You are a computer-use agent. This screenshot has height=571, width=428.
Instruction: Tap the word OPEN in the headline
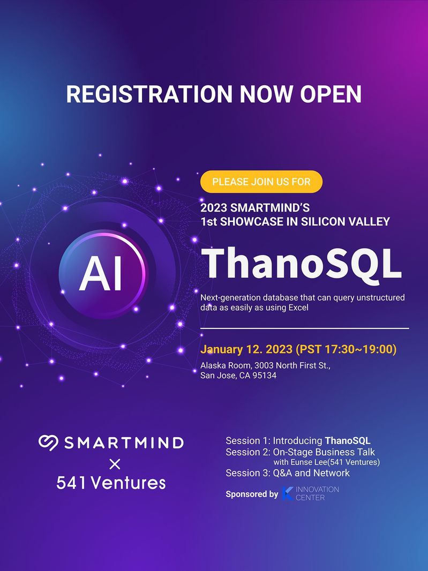click(331, 94)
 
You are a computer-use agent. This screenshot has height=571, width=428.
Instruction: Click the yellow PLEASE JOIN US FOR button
click(261, 182)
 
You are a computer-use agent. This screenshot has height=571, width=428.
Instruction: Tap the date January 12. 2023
click(246, 349)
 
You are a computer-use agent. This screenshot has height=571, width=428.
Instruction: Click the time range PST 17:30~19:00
click(346, 349)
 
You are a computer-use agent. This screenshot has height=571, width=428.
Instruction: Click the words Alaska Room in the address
click(226, 365)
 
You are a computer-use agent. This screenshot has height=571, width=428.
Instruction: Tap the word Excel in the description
click(298, 307)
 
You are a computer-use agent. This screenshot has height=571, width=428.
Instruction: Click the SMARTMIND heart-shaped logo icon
click(48, 442)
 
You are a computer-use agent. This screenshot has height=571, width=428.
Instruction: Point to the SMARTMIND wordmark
click(124, 443)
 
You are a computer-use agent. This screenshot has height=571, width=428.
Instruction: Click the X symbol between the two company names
click(115, 464)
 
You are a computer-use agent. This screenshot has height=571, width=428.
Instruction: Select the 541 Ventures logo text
click(111, 483)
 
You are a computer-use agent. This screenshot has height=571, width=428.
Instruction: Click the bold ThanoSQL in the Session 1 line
click(348, 441)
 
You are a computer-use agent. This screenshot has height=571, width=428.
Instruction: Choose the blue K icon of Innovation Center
click(288, 493)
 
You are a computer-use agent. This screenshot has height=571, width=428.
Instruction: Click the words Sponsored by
click(252, 494)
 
